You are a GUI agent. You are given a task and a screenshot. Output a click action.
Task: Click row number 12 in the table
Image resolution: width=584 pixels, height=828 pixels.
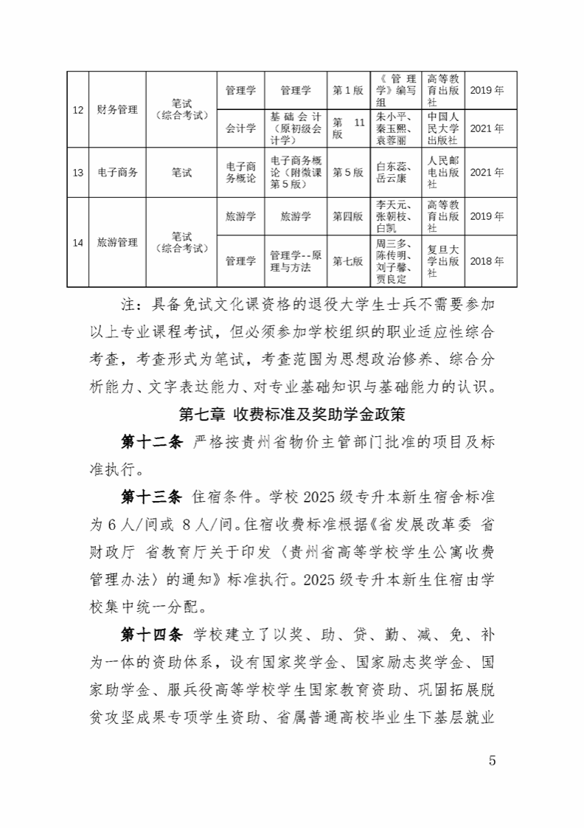[x=77, y=109]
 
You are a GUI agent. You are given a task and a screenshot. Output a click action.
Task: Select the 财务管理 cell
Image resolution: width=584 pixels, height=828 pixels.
[x=117, y=109]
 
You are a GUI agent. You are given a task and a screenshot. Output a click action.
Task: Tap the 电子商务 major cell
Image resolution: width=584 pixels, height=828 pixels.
[x=117, y=172]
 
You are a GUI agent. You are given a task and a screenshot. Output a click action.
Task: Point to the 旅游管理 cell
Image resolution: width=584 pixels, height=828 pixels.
[x=117, y=241]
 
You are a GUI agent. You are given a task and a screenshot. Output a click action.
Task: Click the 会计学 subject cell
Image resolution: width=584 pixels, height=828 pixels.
[x=240, y=128]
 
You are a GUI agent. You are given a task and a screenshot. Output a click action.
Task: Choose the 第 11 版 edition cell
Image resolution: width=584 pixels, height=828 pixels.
[x=349, y=128]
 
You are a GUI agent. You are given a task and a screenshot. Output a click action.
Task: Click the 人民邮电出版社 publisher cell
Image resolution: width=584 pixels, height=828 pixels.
[x=444, y=172]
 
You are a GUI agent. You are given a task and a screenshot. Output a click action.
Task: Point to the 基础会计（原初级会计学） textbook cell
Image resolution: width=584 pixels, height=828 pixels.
[x=295, y=128]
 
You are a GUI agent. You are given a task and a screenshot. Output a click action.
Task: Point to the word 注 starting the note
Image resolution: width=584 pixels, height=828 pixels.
[x=125, y=303]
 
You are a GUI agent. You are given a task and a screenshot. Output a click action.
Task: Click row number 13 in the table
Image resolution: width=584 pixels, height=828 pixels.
[x=77, y=172]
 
